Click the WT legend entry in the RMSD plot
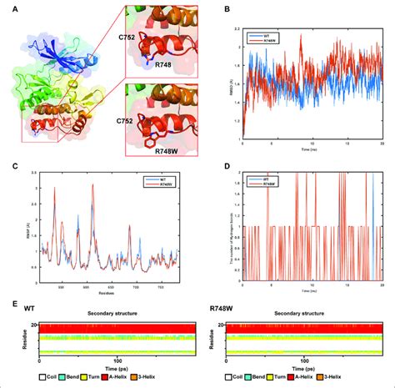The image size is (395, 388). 242,33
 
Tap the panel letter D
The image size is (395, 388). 205,166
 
